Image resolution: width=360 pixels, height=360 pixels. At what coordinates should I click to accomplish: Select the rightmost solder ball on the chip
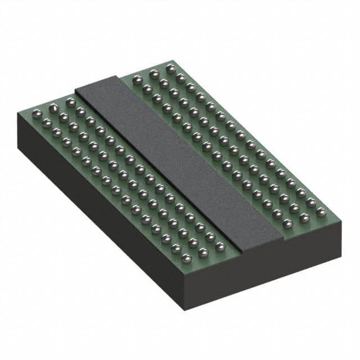pos(321,212)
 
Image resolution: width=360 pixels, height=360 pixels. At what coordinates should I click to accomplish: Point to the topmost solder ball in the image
pos(170,67)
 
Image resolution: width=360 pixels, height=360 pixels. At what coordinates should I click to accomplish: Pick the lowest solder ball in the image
pos(186,258)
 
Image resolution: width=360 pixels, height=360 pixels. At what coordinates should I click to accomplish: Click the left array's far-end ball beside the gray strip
pos(70,102)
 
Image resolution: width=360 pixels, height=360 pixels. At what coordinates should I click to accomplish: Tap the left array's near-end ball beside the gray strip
pos(220,246)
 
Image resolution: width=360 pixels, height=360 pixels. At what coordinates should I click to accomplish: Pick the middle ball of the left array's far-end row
pos(54,107)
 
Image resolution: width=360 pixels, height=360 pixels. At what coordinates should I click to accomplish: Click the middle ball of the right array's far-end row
pos(154,73)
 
